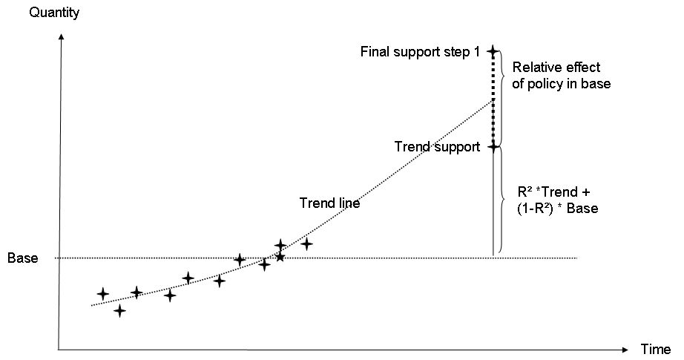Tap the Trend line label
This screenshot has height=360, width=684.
329,203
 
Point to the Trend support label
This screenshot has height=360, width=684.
437,147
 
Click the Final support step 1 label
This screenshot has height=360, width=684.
420,52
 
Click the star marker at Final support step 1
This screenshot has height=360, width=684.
493,51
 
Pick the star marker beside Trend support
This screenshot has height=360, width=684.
493,147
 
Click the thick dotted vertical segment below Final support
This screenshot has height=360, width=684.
493,99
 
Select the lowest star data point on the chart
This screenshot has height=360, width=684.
119,310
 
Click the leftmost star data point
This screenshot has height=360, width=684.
102,294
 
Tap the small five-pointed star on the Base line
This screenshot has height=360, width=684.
280,257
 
